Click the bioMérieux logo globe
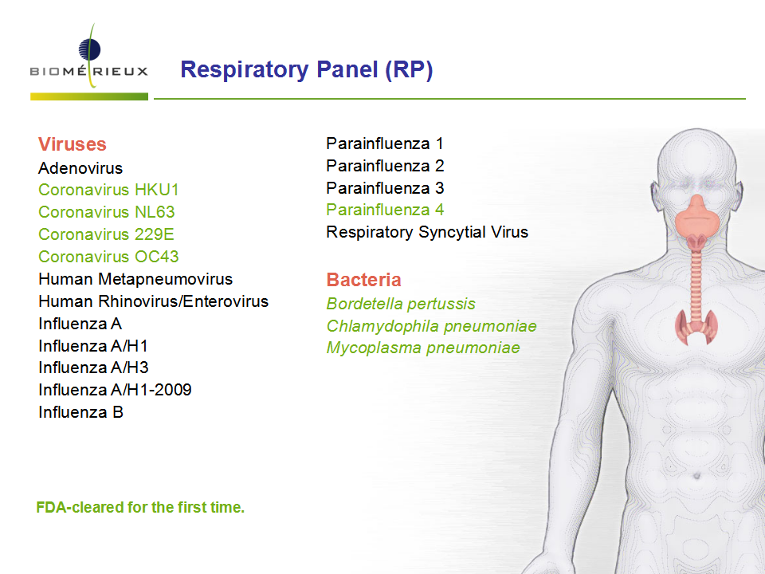point(89,49)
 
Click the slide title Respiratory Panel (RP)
point(306,70)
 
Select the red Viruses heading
point(73,144)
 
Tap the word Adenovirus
point(80,168)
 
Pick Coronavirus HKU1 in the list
point(108,190)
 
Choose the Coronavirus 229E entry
point(106,234)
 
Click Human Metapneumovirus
point(135,279)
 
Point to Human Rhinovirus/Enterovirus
point(153,301)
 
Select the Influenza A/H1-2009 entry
point(115,390)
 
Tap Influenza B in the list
point(81,412)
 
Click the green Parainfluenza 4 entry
point(385,210)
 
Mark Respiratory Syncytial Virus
point(427,232)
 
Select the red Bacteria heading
point(363,280)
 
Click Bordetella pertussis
point(401,304)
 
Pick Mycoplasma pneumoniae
point(423,348)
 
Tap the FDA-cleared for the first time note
point(140,508)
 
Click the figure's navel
point(696,475)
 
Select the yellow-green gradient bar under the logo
point(89,96)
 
